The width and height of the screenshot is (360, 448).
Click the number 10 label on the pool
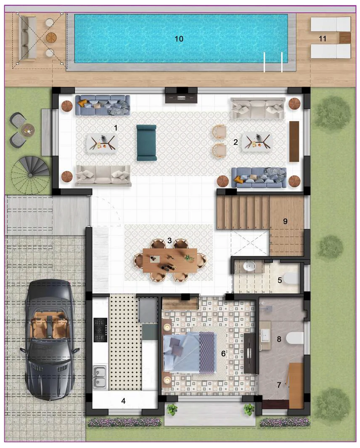point(179,39)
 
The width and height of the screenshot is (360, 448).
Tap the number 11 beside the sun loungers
point(323,39)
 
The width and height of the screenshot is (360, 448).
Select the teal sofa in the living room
point(146,143)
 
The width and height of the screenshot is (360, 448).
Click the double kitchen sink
point(100,376)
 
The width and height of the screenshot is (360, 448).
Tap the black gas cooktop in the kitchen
point(100,330)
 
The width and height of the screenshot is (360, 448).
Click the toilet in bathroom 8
point(295,337)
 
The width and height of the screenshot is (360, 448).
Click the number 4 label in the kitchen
point(123,401)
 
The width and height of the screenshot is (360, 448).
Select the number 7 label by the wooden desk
point(278,384)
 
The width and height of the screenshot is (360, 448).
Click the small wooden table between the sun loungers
point(344,38)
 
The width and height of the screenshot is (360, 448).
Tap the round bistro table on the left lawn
point(28,130)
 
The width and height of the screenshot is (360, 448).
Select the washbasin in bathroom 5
point(249,266)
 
